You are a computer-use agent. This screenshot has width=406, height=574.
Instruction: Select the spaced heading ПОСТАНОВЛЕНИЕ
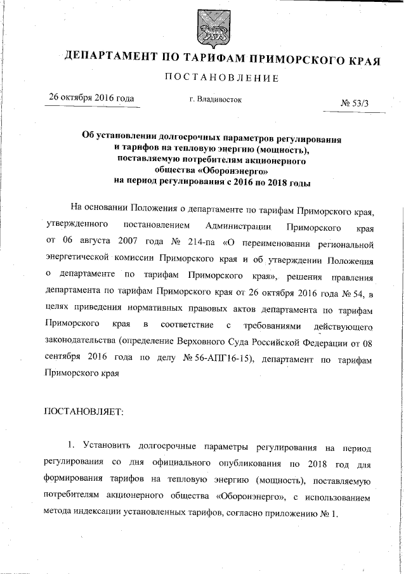[221, 78]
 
